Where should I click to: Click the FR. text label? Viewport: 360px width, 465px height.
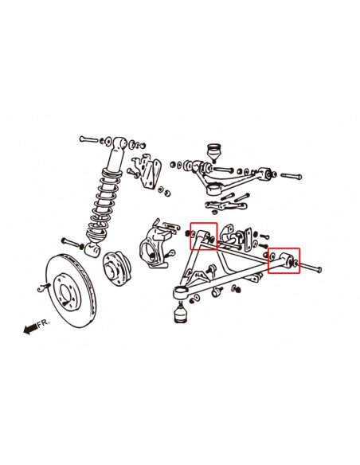[x=44, y=323]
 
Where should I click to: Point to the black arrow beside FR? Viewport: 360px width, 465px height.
[x=30, y=329]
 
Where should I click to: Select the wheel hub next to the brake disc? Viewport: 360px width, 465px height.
[x=116, y=268]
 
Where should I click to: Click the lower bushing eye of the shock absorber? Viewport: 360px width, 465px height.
[x=92, y=249]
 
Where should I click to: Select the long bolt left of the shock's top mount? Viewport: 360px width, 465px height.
[x=88, y=139]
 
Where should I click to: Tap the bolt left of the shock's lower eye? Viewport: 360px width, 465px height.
[x=71, y=243]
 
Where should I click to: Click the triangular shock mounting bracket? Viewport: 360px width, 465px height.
[x=148, y=170]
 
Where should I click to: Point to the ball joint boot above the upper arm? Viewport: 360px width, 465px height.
[x=213, y=152]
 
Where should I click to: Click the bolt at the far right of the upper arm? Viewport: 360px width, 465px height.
[x=291, y=177]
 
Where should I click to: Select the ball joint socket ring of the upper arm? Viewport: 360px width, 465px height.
[x=215, y=190]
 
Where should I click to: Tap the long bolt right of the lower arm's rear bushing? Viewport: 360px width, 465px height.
[x=310, y=267]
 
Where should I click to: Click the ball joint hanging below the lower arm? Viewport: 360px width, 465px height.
[x=181, y=312]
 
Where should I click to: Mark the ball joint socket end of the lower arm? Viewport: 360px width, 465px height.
[x=180, y=293]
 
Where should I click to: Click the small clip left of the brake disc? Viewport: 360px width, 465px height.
[x=43, y=287]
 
